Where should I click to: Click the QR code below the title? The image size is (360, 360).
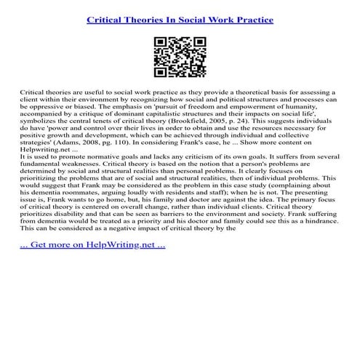[179, 57]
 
